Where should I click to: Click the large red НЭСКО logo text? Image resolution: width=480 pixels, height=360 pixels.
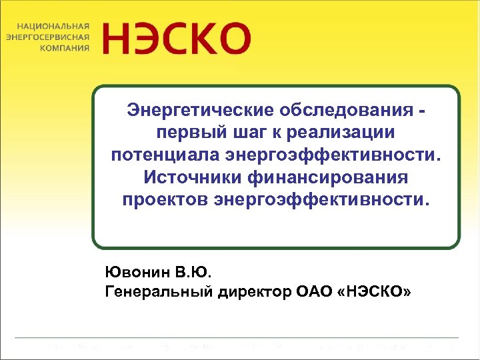click(x=177, y=38)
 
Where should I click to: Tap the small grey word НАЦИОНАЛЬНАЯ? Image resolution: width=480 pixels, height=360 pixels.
click(x=49, y=25)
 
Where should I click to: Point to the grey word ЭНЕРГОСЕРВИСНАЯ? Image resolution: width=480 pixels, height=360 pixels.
click(x=47, y=37)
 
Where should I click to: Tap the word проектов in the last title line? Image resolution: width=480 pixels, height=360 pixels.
click(x=165, y=201)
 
